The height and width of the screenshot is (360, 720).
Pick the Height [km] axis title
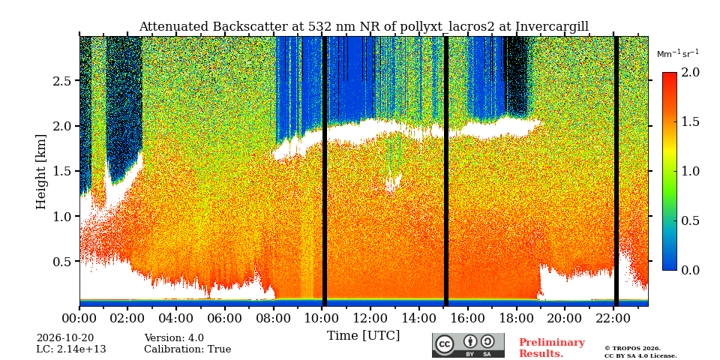41,172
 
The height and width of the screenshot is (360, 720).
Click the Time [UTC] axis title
363,336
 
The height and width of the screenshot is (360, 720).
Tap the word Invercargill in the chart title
552,27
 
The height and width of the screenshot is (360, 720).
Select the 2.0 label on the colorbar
690,73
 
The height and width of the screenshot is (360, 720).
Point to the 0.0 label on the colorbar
690,270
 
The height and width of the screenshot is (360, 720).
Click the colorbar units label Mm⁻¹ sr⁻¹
678,54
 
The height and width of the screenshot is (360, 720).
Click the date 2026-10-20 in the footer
65,338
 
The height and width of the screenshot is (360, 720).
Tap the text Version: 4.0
174,338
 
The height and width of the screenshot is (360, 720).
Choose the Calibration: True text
187,349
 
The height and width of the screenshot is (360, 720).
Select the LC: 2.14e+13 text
71,349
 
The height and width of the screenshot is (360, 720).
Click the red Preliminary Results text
552,348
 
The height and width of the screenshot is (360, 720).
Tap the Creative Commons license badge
468,345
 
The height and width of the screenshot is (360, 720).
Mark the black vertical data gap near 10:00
325,171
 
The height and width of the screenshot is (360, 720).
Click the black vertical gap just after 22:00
616,171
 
